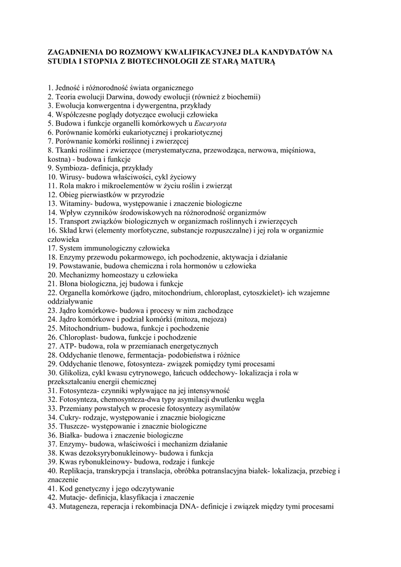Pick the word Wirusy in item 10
[70, 177]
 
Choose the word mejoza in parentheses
[213, 319]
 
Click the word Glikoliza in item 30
[74, 373]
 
